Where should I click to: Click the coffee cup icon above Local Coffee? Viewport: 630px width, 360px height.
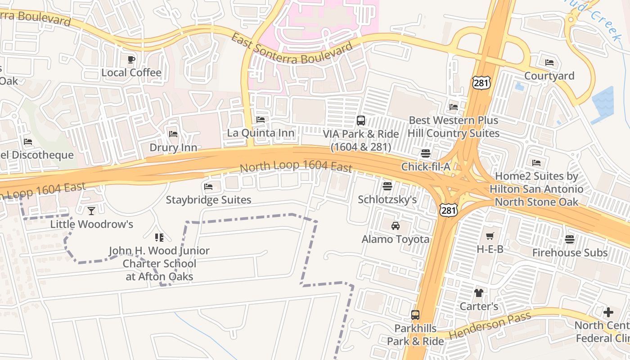point(131,59)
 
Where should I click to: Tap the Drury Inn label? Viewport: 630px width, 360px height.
point(173,148)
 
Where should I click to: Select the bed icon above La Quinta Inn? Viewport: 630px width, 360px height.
point(260,120)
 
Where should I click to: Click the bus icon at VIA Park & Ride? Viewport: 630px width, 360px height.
point(361,120)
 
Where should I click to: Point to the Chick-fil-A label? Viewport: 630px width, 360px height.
point(425,167)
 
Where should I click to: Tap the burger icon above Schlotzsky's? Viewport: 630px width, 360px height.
point(387,186)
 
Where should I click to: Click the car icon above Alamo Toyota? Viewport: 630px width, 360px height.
point(396,226)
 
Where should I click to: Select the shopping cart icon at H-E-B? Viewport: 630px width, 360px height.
point(490,236)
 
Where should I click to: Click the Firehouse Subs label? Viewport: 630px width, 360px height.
point(570,252)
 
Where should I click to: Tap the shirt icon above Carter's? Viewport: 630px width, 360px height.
point(478,293)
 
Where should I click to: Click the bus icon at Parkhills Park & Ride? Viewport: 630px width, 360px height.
point(415,315)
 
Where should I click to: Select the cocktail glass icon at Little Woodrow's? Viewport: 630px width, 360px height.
point(91,211)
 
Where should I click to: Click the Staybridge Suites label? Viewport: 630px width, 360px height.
point(208,199)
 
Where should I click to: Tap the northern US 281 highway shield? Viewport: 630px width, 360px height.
point(481,82)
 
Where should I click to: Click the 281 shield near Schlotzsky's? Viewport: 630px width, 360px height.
point(449,209)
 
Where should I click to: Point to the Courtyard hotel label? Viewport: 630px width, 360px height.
point(549,76)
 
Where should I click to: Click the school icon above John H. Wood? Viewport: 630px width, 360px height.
point(159,237)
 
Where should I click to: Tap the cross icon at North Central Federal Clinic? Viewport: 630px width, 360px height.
point(608,312)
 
